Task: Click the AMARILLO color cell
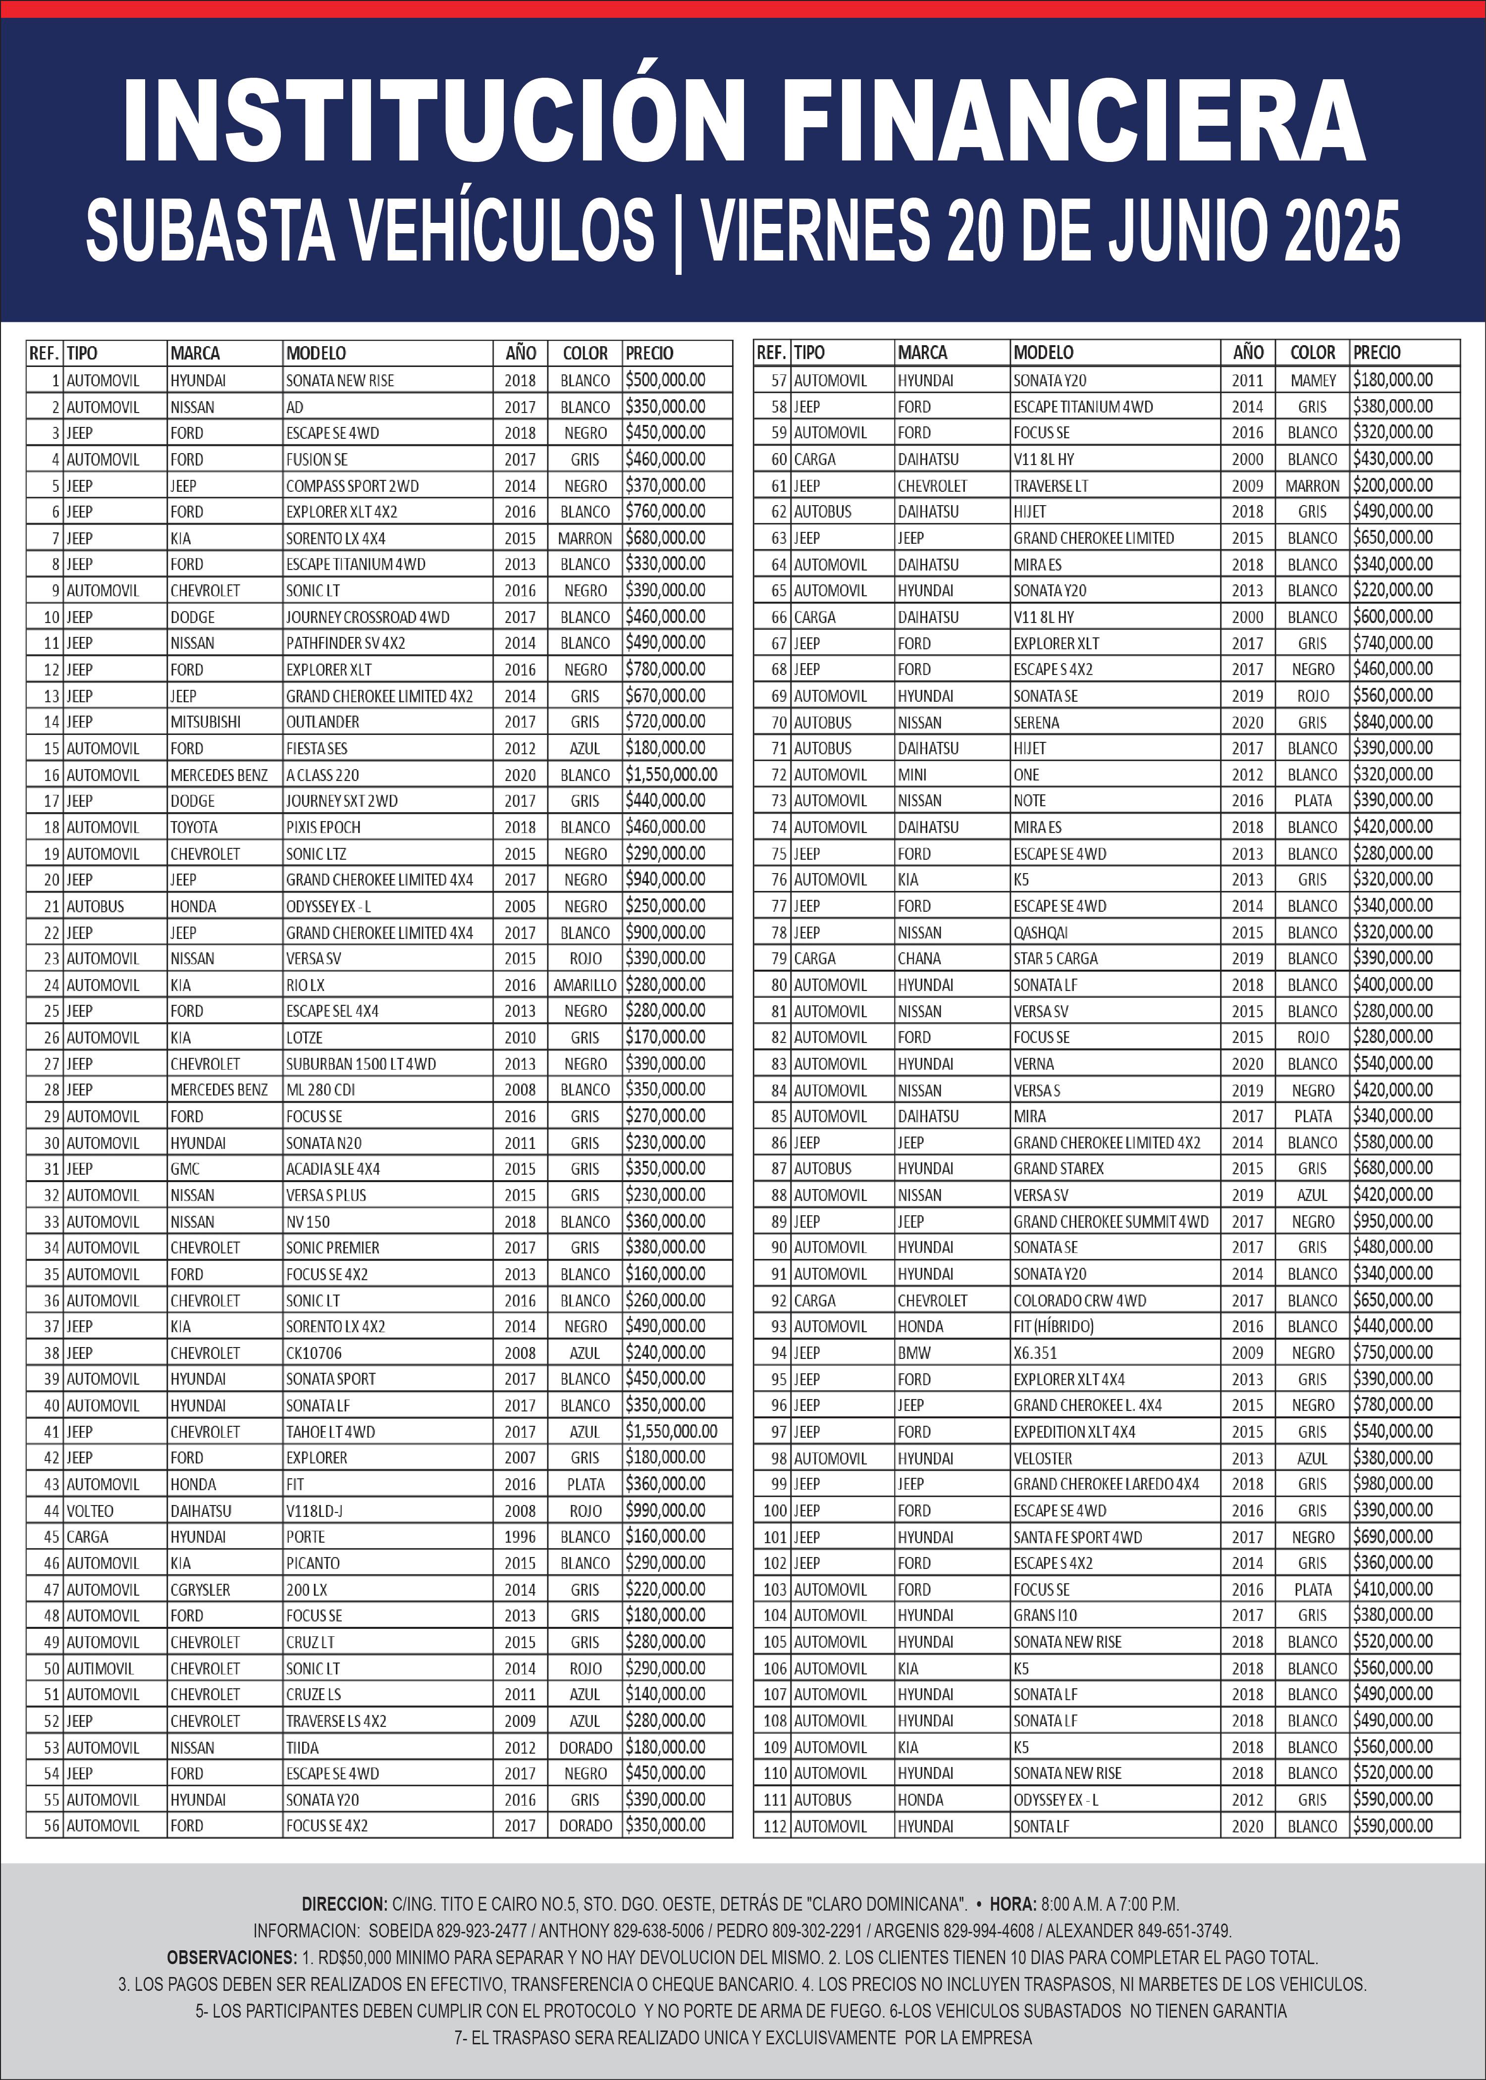584,985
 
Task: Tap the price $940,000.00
665,879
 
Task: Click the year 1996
520,1537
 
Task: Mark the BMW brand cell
913,1353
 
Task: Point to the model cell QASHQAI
1040,932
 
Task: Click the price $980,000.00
1393,1484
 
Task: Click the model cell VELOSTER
1042,1458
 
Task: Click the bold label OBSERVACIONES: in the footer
231,1958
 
